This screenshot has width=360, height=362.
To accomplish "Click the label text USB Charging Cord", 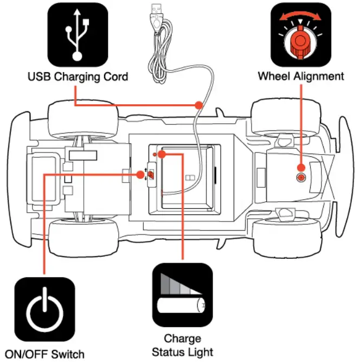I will [78, 77].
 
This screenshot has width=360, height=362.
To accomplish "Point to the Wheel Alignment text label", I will [300, 76].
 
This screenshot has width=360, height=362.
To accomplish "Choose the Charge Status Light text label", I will [183, 345].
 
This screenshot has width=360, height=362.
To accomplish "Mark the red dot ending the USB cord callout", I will [199, 104].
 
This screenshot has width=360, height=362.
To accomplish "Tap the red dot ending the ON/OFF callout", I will [141, 174].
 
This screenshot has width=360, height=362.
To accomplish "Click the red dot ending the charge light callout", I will [162, 155].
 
